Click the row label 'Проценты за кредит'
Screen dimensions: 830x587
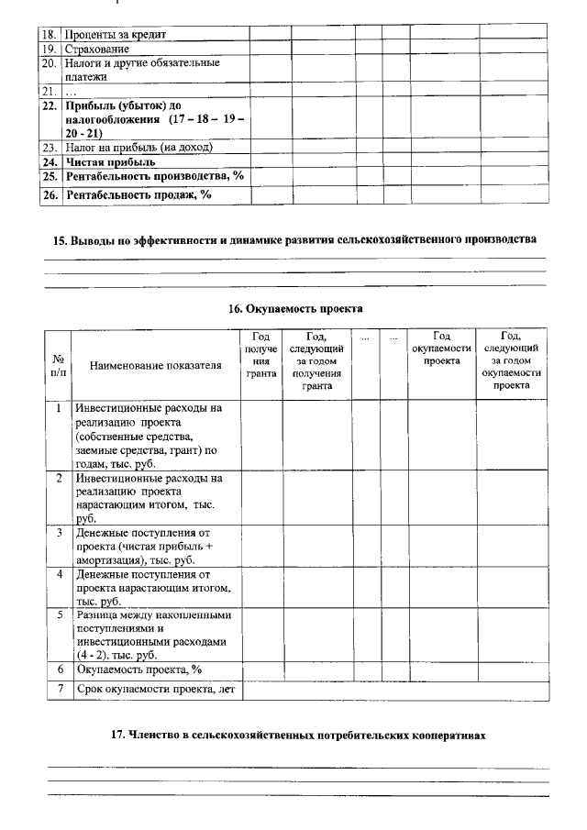[x=117, y=34]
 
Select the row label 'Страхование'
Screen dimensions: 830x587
[x=97, y=48]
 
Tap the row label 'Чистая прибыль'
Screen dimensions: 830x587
[x=110, y=161]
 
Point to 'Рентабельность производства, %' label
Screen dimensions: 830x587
[x=154, y=176]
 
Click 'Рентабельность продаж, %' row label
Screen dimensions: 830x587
[x=138, y=194]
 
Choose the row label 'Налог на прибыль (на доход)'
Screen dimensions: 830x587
[x=138, y=147]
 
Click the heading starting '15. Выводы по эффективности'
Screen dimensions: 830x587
[x=291, y=239]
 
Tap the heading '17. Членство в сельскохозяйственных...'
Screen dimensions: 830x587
[x=293, y=735]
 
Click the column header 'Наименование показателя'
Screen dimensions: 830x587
[x=156, y=366]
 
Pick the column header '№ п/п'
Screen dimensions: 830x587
[x=58, y=366]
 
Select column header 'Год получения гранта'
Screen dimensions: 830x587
[x=261, y=356]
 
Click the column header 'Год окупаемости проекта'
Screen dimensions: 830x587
[x=441, y=349]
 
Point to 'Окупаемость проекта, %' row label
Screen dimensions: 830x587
[x=138, y=670]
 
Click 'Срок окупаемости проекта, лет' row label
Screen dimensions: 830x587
[x=155, y=689]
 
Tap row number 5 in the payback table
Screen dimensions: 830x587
[x=58, y=614]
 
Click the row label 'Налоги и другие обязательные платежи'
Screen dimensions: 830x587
[x=142, y=70]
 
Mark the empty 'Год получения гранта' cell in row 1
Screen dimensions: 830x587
[x=261, y=435]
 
